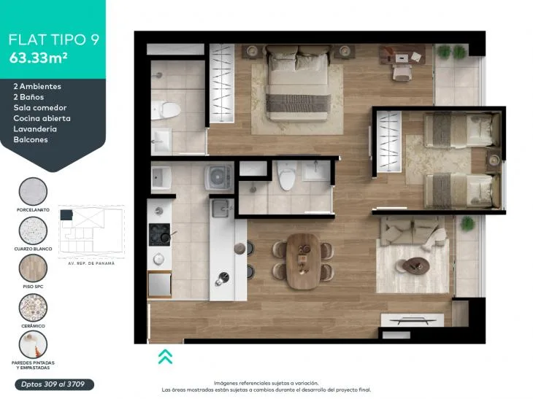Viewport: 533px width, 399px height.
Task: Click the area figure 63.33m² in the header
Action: point(38,58)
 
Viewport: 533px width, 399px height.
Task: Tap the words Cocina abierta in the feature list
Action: point(42,118)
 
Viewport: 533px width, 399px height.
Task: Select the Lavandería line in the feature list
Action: point(35,129)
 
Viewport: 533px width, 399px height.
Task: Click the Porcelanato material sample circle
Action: point(33,192)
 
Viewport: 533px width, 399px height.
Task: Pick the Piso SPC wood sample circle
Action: point(33,268)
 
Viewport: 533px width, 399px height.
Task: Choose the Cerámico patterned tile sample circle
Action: point(33,307)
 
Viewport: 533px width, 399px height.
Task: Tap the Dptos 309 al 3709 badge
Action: point(54,384)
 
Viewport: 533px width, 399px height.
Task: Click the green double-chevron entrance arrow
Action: point(165,357)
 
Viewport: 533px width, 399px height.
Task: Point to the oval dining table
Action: point(303,261)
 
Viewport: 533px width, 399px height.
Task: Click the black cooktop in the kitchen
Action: point(159,234)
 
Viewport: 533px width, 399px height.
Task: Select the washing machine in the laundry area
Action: point(219,177)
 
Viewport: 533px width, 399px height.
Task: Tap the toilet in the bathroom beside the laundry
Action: point(286,175)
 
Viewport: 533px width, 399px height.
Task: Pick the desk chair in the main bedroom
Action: point(402,72)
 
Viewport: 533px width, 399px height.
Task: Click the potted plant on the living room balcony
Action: point(468,223)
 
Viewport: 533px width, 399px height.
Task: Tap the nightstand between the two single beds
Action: point(494,160)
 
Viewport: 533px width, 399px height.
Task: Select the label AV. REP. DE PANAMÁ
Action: point(91,263)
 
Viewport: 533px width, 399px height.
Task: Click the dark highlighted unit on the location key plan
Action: point(66,214)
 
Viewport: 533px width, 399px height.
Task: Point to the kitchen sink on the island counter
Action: point(221,209)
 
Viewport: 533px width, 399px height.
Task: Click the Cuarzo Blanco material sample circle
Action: point(33,231)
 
